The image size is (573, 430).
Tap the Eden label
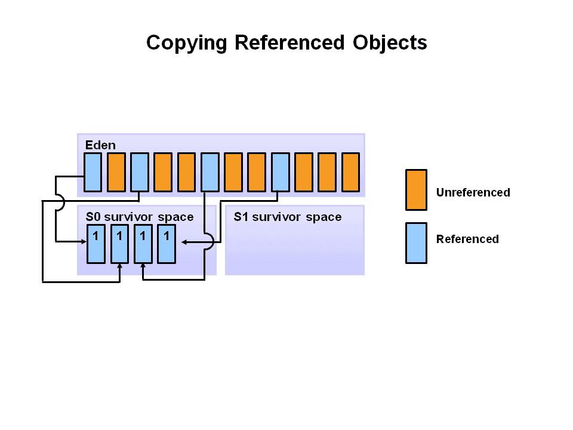pyautogui.click(x=100, y=145)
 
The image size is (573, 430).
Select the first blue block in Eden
pyautogui.click(x=93, y=172)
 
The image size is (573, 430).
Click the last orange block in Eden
pyautogui.click(x=350, y=172)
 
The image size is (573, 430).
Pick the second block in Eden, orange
pyautogui.click(x=116, y=172)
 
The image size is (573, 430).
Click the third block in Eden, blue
pyautogui.click(x=139, y=172)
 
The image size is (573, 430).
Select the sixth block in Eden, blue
pyautogui.click(x=210, y=172)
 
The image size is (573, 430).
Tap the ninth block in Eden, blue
pyautogui.click(x=280, y=172)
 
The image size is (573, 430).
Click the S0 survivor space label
pyautogui.click(x=140, y=217)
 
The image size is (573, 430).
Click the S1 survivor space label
pyautogui.click(x=288, y=217)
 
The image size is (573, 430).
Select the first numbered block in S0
pyautogui.click(x=95, y=244)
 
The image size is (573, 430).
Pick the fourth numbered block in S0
pyautogui.click(x=167, y=244)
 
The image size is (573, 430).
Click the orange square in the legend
pyautogui.click(x=416, y=190)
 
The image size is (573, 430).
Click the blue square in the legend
pyautogui.click(x=416, y=243)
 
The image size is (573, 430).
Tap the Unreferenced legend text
pyautogui.click(x=473, y=193)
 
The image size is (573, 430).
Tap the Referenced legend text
pyautogui.click(x=467, y=239)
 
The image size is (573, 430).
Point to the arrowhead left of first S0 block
pyautogui.click(x=84, y=241)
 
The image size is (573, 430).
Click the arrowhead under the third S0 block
pyautogui.click(x=143, y=266)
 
